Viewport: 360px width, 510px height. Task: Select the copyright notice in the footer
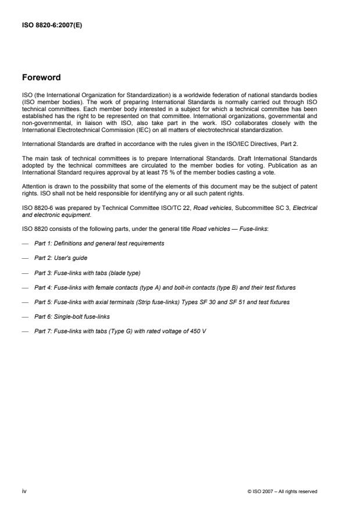click(282, 491)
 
